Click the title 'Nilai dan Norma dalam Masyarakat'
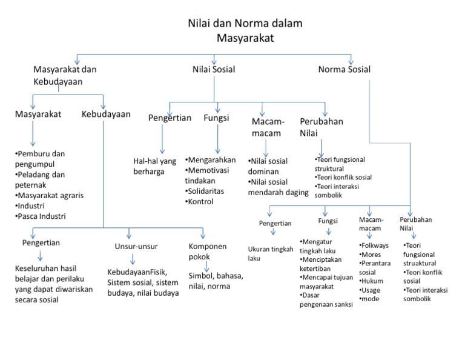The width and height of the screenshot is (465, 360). (244, 30)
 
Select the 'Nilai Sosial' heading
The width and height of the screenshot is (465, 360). (214, 70)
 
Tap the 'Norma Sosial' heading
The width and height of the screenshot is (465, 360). (345, 70)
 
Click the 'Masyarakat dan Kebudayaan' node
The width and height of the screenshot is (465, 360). (65, 75)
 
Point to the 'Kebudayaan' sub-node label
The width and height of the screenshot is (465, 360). (106, 113)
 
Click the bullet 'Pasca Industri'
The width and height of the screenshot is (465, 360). (42, 216)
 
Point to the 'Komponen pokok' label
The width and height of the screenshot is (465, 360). (207, 252)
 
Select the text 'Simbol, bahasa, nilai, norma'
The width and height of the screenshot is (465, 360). (216, 281)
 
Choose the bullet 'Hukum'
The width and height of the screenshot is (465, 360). (372, 281)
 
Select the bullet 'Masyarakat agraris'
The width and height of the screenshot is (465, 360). (50, 196)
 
